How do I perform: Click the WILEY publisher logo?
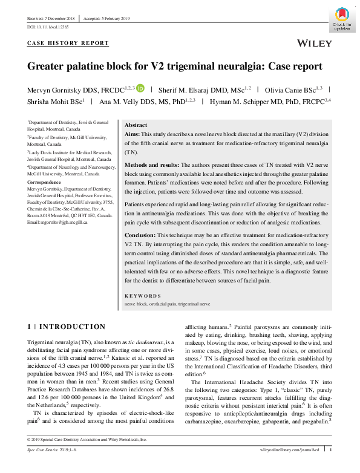point(315,44)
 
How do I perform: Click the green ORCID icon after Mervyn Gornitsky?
point(140,88)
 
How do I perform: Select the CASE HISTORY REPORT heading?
point(68,44)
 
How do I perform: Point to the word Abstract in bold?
point(136,124)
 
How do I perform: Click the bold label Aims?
point(131,133)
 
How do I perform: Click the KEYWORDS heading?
point(140,296)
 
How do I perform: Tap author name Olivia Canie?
point(293,88)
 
